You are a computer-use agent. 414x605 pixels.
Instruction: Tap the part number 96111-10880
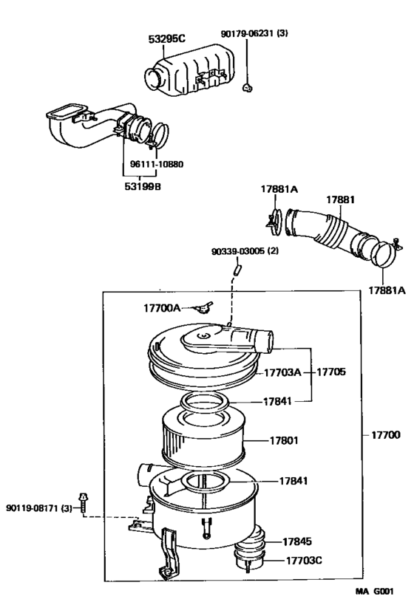tap(152, 165)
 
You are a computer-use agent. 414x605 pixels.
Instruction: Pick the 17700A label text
tap(161, 307)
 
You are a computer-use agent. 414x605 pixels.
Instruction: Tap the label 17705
tap(331, 372)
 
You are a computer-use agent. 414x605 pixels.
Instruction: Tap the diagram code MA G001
tap(374, 592)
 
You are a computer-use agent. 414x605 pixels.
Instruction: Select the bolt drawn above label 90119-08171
tap(83, 501)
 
